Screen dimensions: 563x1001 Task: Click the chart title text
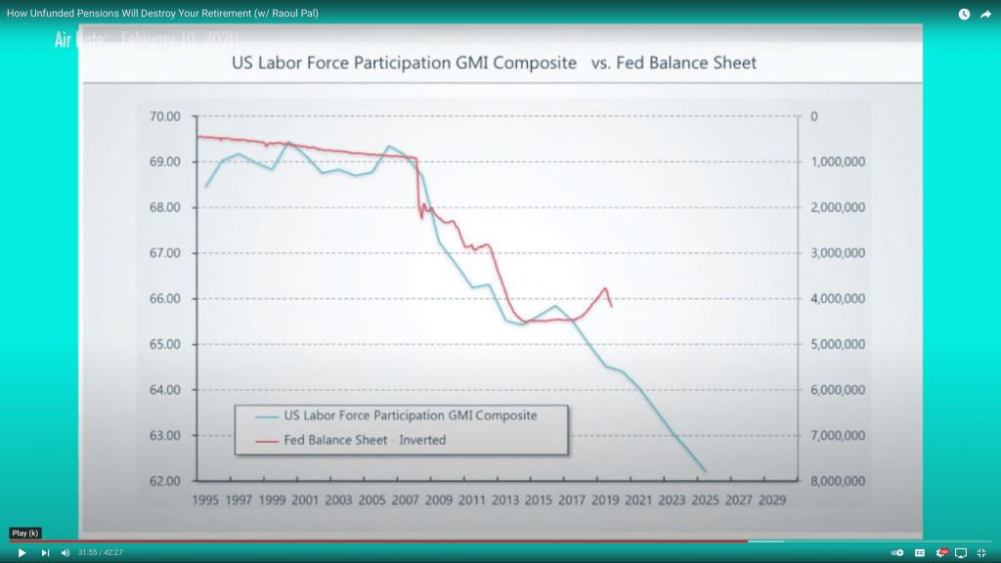(494, 64)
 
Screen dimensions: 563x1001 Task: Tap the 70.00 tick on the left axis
(166, 116)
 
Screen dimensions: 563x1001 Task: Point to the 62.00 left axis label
(166, 481)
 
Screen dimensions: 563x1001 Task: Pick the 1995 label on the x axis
(205, 499)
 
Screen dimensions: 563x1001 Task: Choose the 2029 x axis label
(771, 499)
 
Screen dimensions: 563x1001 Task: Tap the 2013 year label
(505, 499)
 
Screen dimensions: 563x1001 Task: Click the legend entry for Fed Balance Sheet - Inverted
(365, 440)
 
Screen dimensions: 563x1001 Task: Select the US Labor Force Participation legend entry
(410, 415)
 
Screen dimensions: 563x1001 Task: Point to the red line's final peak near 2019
(606, 288)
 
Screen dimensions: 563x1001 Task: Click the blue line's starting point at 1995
(205, 187)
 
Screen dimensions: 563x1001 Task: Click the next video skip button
(45, 552)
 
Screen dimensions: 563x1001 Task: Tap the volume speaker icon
(65, 552)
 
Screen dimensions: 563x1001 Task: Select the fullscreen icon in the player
(980, 552)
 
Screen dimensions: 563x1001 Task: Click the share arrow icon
(984, 14)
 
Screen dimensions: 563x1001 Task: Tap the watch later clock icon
(964, 14)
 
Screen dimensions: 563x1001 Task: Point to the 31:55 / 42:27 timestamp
(101, 552)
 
